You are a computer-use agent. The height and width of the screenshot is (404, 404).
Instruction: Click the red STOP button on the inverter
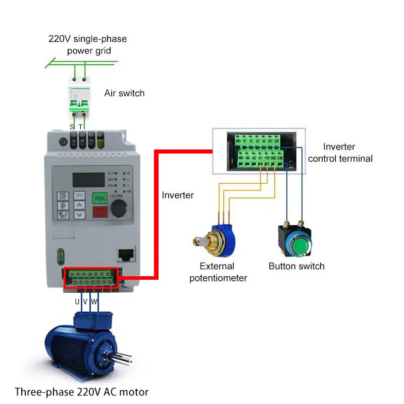coord(99,213)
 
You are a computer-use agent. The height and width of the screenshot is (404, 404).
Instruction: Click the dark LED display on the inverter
coord(89,179)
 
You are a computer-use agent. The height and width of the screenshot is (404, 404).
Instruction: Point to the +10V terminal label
coord(267,158)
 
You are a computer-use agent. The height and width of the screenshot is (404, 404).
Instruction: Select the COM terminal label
coord(280,158)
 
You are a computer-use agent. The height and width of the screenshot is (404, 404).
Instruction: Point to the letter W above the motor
coord(94,301)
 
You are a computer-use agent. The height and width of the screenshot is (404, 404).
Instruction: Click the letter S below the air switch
coord(72,126)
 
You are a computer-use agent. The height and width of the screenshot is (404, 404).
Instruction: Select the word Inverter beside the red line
coord(178,195)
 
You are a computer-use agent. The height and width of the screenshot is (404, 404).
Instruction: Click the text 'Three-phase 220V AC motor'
coord(81,391)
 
